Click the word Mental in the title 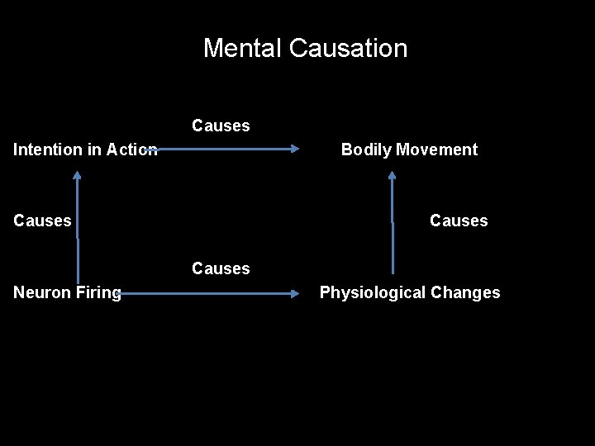coord(243,48)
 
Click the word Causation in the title coord(348,48)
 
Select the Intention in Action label coord(85,149)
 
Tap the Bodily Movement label coord(409,149)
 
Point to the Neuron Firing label coord(67,292)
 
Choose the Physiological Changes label coord(410,292)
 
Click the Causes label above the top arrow coord(221,126)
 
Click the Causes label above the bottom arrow coord(221,268)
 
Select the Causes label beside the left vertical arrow coord(42,221)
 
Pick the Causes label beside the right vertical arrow coord(459,221)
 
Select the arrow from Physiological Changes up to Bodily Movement coord(393,223)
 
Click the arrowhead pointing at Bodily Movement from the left coord(295,149)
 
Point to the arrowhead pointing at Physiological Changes coord(295,292)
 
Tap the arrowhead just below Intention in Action coord(77,175)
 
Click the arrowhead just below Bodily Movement coord(393,175)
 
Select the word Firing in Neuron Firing coord(99,292)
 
